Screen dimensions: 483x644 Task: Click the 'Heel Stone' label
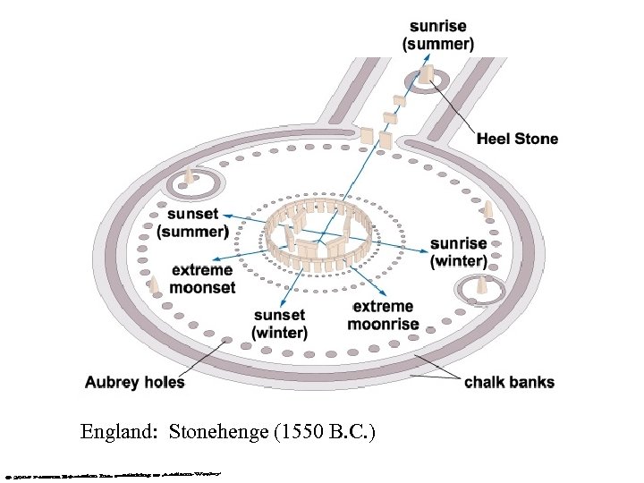point(517,139)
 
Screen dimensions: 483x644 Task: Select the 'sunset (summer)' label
point(191,223)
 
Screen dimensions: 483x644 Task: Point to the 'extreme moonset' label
point(203,278)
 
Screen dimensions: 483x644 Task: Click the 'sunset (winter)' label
point(279,324)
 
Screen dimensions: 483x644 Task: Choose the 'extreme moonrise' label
point(383,315)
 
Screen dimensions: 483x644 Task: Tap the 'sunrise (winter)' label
point(458,252)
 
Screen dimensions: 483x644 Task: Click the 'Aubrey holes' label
point(134,382)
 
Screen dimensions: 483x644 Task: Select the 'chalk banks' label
point(509,382)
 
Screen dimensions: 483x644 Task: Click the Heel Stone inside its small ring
point(427,75)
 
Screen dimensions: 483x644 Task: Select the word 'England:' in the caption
point(115,432)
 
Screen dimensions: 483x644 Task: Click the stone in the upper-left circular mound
point(189,177)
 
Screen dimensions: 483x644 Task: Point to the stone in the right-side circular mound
point(481,285)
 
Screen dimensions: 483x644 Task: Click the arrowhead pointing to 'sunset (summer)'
point(225,216)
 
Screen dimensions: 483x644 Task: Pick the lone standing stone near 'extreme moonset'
point(154,284)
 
